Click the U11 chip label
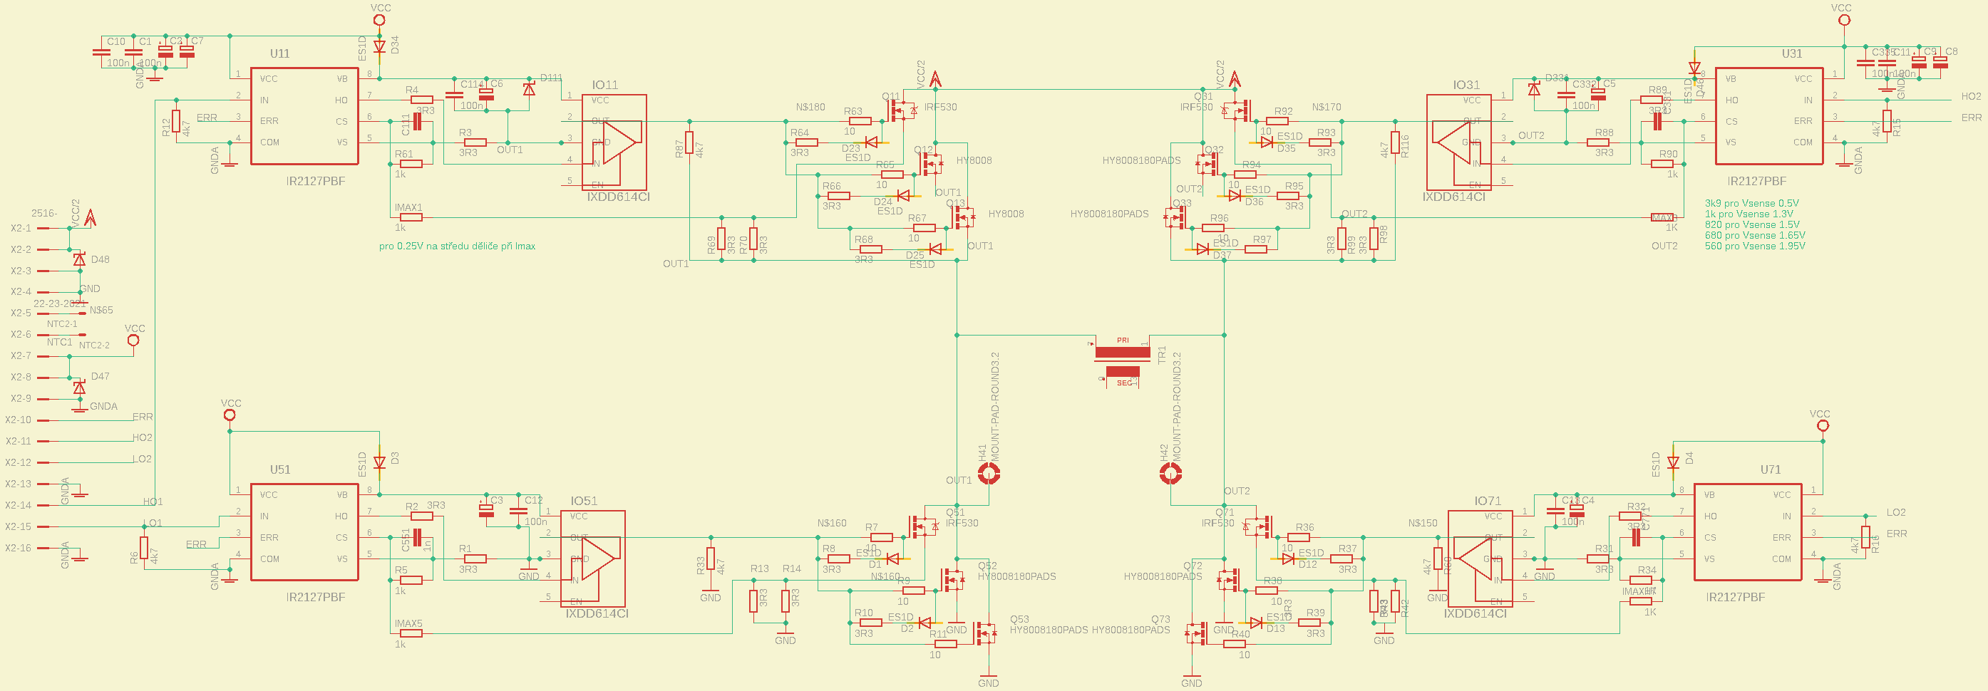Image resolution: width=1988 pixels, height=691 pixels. (x=279, y=54)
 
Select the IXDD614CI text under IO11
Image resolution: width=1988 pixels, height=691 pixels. (x=617, y=197)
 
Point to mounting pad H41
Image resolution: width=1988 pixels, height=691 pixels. (x=989, y=474)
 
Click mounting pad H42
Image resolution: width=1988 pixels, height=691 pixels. (x=1170, y=474)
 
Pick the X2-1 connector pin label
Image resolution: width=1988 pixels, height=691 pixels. (x=21, y=228)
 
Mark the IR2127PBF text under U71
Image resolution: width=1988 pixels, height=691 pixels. (x=1735, y=598)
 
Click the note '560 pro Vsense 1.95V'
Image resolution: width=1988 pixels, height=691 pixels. (x=1754, y=246)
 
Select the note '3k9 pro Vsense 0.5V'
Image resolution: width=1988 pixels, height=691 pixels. (x=1751, y=204)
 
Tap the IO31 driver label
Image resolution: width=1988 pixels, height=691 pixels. (x=1466, y=85)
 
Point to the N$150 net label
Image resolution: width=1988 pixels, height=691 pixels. (x=1422, y=524)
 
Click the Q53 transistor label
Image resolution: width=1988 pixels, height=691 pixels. (x=1019, y=619)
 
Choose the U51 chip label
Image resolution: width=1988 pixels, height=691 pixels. (x=279, y=469)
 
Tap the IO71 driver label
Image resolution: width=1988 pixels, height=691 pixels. (x=1487, y=502)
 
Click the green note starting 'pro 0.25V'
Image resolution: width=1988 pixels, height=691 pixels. (x=457, y=246)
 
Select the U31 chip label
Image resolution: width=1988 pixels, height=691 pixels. (x=1791, y=54)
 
